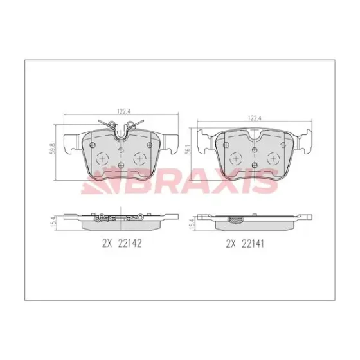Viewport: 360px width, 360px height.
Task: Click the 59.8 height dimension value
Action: pos(53,148)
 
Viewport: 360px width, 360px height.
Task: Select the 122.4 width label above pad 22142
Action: pos(124,111)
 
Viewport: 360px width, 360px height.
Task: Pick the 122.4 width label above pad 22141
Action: pos(255,118)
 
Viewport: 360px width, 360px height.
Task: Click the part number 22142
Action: pos(130,243)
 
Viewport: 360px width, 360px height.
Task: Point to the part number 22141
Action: pos(253,244)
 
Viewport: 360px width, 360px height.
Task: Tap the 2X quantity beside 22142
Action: pos(107,243)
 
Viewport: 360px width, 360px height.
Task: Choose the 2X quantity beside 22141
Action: pos(231,244)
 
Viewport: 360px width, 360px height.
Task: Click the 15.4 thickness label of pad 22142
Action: pos(53,222)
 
